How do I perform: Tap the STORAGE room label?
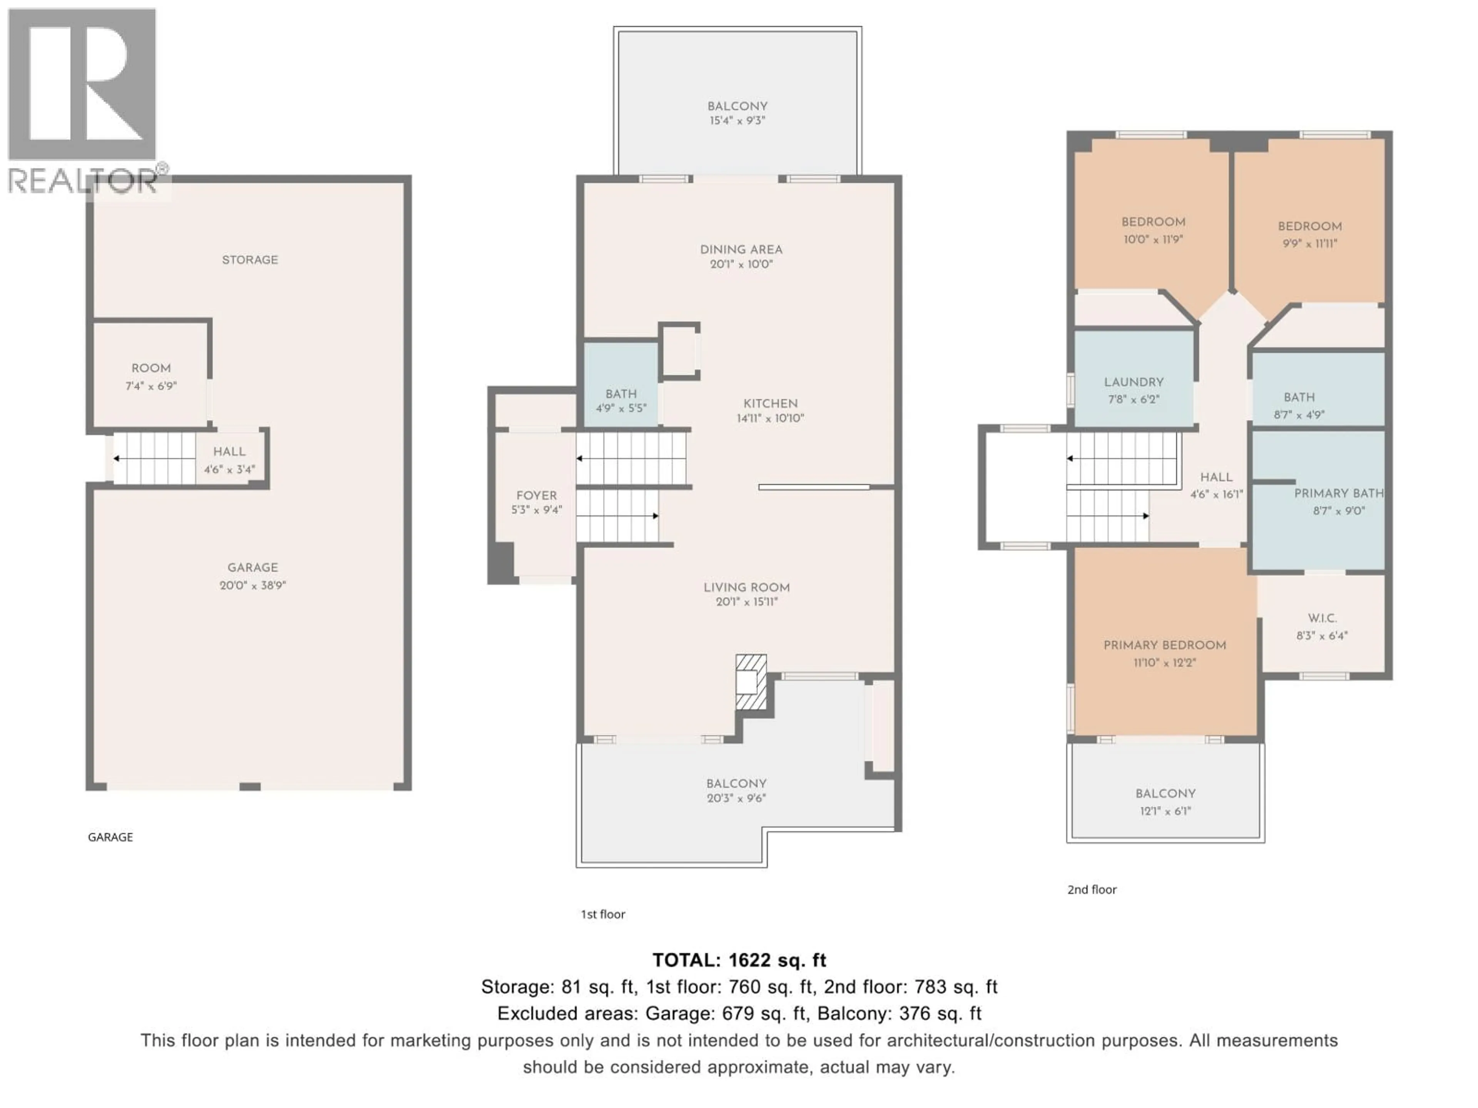250,260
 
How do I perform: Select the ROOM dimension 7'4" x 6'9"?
151,386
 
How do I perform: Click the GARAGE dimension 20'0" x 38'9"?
252,585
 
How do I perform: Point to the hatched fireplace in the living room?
751,682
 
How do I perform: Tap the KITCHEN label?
771,404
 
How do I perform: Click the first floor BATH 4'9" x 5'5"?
621,401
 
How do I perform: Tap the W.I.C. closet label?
1322,619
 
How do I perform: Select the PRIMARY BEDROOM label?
1164,645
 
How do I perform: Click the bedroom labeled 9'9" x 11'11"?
1309,234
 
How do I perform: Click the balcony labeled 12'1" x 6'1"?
1165,801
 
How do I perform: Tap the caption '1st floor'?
602,914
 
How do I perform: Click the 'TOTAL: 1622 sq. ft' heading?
739,960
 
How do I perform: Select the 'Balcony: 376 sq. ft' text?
900,1014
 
